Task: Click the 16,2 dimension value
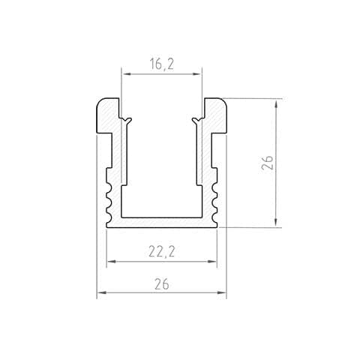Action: [x=162, y=64]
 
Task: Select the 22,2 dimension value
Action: [x=162, y=251]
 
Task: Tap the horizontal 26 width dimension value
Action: [x=162, y=284]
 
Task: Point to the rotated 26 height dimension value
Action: [x=267, y=163]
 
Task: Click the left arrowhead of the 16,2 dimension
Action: [x=124, y=74]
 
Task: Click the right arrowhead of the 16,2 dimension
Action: [x=198, y=74]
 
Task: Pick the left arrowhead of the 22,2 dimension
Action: [x=110, y=262]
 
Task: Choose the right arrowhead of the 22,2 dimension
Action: [x=213, y=262]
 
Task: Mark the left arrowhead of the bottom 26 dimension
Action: [x=100, y=292]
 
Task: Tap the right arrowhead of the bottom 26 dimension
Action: [x=223, y=292]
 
